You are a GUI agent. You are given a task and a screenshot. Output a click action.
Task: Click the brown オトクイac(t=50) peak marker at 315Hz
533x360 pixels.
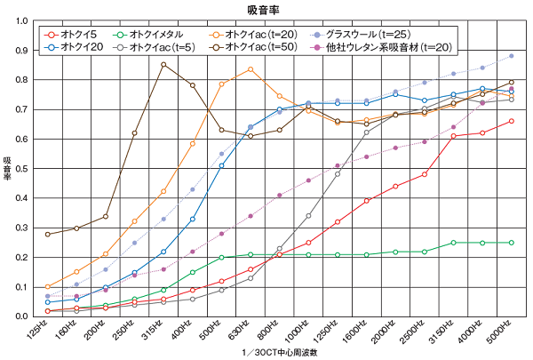coord(163,64)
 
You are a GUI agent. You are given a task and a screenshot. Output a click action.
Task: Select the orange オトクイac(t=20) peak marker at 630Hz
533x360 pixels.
coord(251,69)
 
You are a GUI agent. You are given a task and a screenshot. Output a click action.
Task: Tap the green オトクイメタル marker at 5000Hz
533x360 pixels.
coord(512,242)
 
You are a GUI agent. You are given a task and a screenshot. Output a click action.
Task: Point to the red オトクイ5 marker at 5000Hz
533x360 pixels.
coord(512,121)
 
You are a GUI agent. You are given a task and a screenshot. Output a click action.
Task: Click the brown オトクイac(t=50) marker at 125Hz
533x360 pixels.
coord(47,234)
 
